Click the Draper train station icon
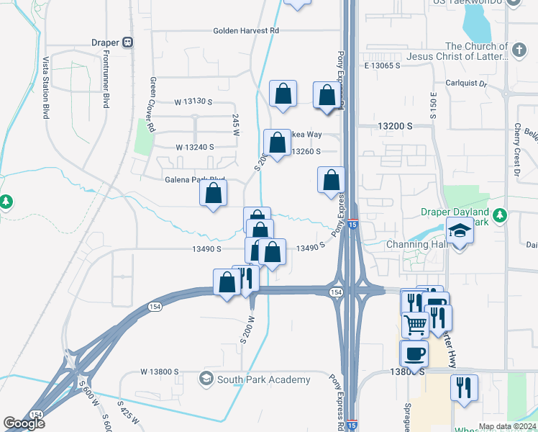click(x=129, y=42)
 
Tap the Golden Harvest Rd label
click(x=245, y=31)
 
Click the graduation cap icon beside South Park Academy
click(x=206, y=379)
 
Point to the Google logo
click(x=24, y=423)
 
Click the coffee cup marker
click(x=414, y=354)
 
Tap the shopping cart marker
click(x=414, y=325)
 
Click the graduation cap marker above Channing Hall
click(x=459, y=233)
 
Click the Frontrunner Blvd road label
click(x=105, y=84)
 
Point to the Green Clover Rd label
click(x=152, y=104)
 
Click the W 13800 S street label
click(x=155, y=372)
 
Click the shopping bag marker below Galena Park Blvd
click(x=214, y=194)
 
